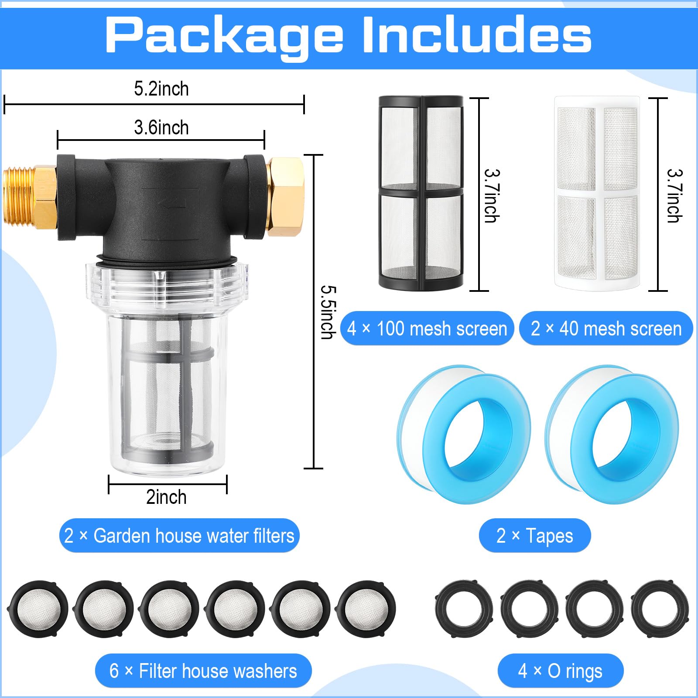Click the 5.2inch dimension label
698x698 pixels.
point(161,89)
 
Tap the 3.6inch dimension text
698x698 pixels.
point(161,128)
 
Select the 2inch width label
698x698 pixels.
point(166,497)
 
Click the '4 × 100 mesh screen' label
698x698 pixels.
point(427,328)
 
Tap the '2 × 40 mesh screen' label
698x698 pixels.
point(606,328)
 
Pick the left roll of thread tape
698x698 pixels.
point(465,434)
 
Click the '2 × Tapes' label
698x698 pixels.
point(534,536)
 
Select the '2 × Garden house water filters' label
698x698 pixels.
point(179,536)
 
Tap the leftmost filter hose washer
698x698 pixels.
point(38,609)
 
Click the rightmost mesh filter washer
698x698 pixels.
point(366,609)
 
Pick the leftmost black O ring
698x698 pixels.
point(464,609)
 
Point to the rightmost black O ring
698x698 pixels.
point(660,609)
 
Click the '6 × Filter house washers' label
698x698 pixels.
point(203,671)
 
